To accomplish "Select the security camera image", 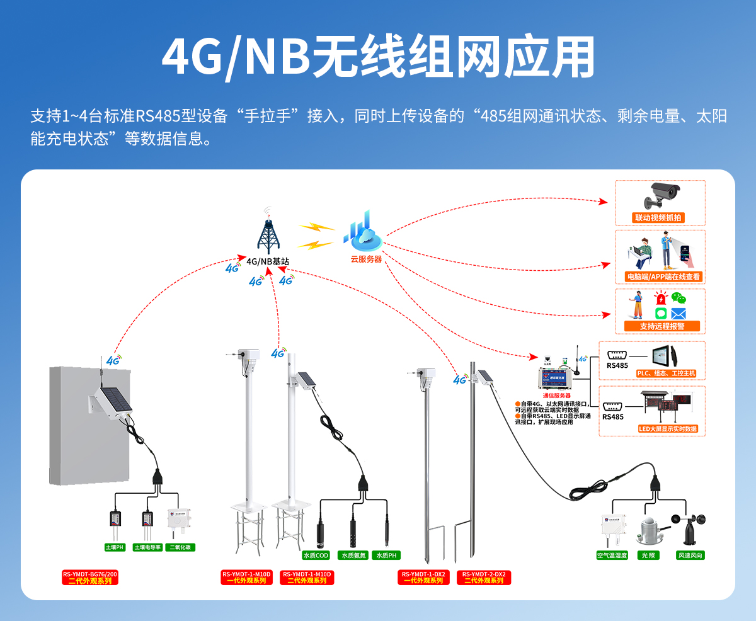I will coord(661,195).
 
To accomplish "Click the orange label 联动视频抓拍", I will coord(658,218).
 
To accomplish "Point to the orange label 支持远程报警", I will coord(661,326).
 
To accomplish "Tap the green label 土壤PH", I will coord(115,547).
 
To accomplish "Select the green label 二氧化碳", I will coord(180,547).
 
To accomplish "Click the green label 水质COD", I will coord(316,555).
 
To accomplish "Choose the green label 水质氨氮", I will coord(353,555).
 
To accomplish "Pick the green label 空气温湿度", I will coord(612,555).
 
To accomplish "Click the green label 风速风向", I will coord(690,555).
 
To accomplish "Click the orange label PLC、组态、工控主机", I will coord(667,373).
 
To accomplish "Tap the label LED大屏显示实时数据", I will coord(668,429).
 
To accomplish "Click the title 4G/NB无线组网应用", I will coord(378,58).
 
